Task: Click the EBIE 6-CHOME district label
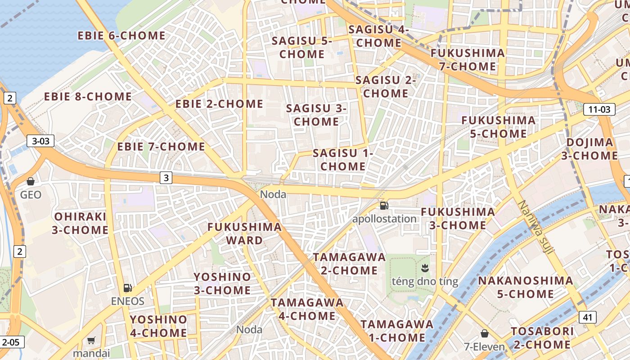coord(121,36)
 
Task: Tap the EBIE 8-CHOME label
coord(88,97)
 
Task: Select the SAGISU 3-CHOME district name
coord(316,115)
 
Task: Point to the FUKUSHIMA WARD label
coord(244,234)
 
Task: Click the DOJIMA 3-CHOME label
coord(589,149)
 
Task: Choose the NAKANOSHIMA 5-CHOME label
coord(526,287)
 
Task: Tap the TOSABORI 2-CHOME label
coord(542,338)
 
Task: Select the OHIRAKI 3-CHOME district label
coord(80,223)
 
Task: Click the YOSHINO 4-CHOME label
coord(158,326)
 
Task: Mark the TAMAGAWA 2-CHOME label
coord(349,264)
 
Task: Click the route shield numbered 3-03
coord(40,141)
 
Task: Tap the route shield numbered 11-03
coord(599,109)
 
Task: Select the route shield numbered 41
coord(587,317)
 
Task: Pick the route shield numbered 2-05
coord(11,342)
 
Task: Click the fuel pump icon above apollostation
coord(384,206)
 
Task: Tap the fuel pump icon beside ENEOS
coord(128,288)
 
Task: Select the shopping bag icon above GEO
coord(31,181)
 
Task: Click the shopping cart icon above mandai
coord(91,340)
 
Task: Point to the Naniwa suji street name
coord(535,227)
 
